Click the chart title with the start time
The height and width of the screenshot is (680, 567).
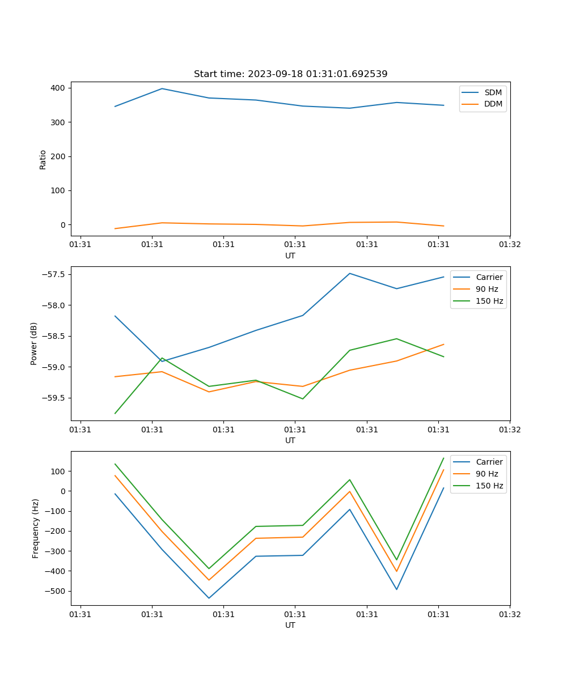(x=290, y=74)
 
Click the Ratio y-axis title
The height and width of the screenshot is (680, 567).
(x=43, y=159)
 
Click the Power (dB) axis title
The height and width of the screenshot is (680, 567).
(x=34, y=343)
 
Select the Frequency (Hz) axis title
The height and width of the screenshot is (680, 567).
(x=35, y=528)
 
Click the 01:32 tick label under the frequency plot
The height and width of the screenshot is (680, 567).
(x=510, y=614)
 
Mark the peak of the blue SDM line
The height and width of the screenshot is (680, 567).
(x=162, y=88)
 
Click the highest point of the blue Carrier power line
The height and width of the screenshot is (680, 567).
(x=350, y=273)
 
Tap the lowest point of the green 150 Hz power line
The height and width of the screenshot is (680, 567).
(x=115, y=413)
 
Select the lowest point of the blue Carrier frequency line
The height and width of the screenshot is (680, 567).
(x=209, y=598)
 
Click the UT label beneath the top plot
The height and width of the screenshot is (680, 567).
(x=290, y=256)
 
